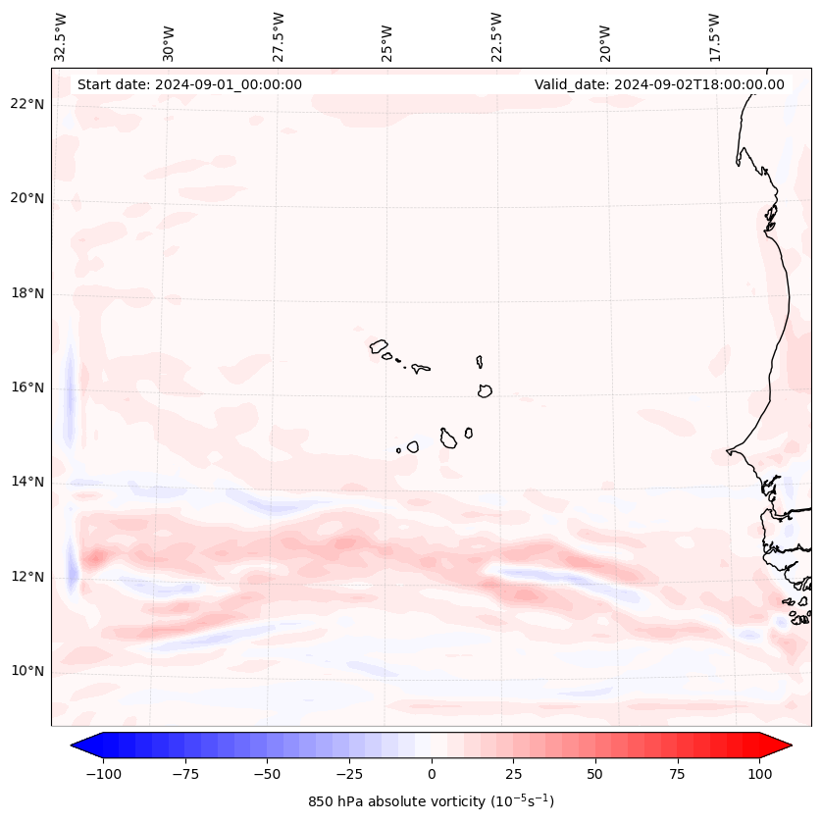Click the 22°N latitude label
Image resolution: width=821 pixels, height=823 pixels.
click(x=27, y=104)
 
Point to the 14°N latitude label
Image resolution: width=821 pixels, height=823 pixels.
click(x=27, y=482)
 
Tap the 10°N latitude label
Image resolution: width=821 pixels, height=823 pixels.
click(x=27, y=671)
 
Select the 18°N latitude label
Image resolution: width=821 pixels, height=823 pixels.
click(x=27, y=293)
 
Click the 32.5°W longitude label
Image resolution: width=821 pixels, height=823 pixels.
click(x=61, y=36)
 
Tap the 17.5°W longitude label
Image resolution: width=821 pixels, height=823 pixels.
click(x=714, y=36)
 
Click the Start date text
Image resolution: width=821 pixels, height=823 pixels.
click(x=189, y=84)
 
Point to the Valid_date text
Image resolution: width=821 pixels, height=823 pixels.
click(x=659, y=84)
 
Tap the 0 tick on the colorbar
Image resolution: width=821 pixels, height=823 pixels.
click(x=432, y=774)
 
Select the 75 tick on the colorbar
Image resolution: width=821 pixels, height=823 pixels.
click(x=678, y=774)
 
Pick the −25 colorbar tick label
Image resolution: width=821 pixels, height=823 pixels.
click(x=349, y=774)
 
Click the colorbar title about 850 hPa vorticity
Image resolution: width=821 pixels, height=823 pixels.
click(x=431, y=801)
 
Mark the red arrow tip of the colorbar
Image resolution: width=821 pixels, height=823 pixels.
click(x=790, y=746)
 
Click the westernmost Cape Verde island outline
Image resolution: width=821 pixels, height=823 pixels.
click(x=379, y=345)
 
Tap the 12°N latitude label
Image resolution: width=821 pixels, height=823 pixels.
click(x=27, y=577)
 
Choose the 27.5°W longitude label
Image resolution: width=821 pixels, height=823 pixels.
click(x=279, y=36)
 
